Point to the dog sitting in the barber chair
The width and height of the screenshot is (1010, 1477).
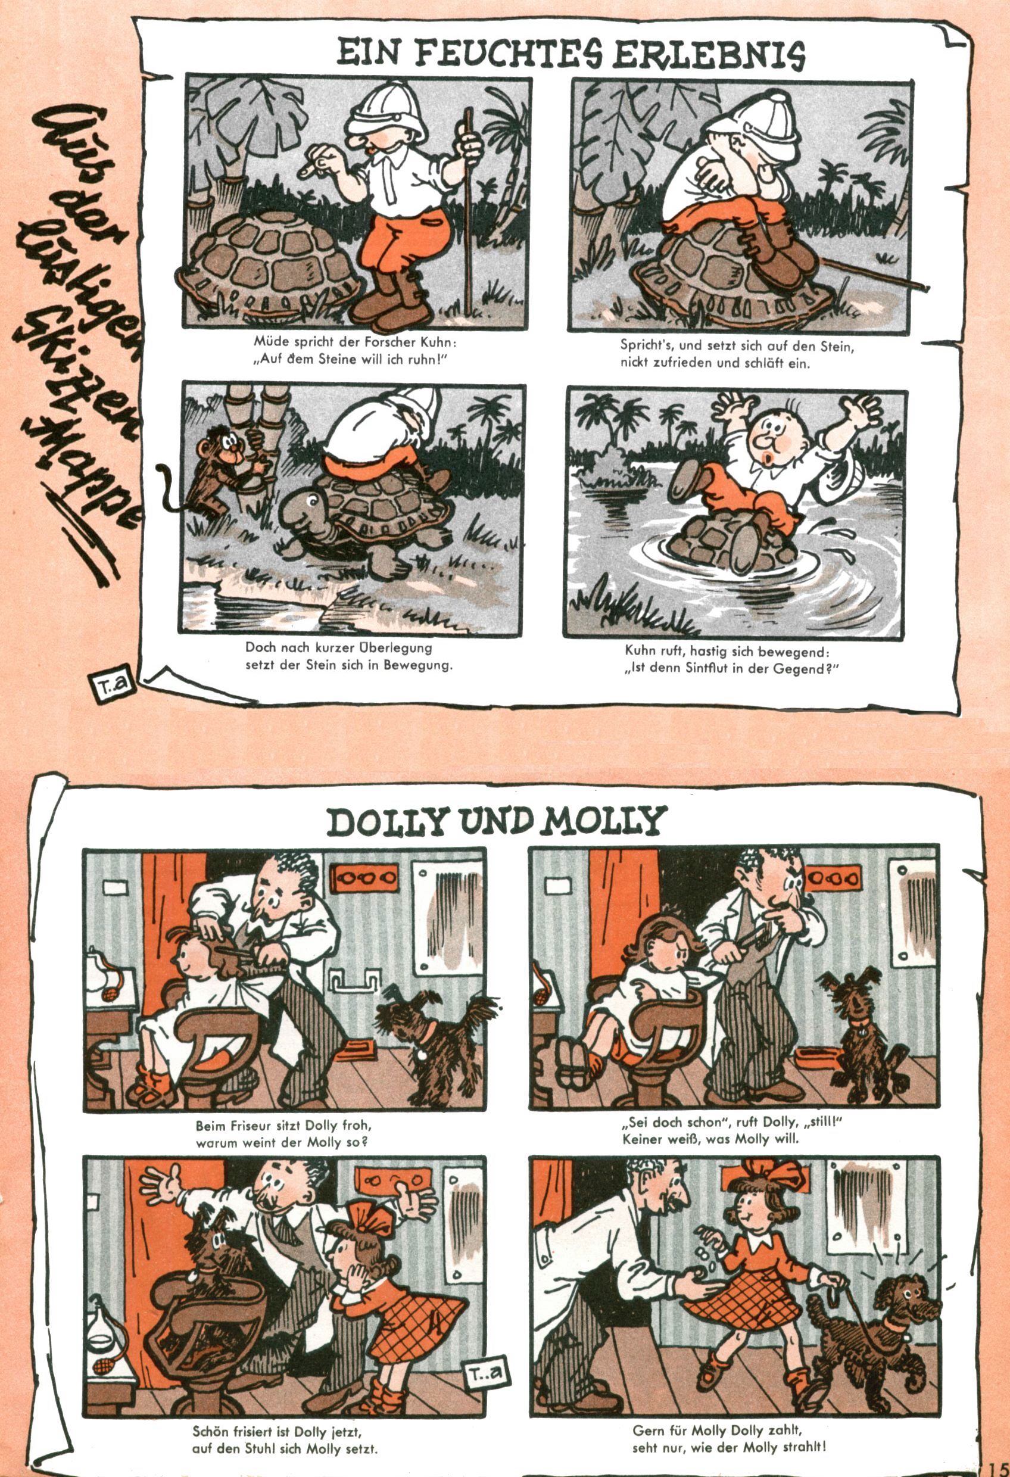tap(213, 1247)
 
